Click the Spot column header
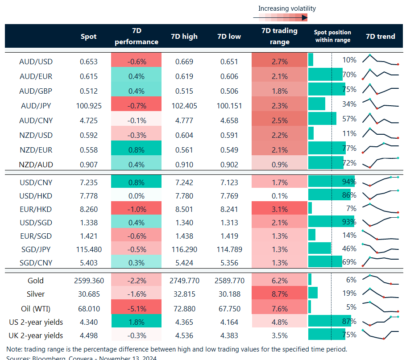[88, 37]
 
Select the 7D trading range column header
[279, 36]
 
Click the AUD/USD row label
[36, 62]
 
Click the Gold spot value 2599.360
[88, 281]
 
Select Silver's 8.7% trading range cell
[279, 294]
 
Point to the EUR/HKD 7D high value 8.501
[184, 208]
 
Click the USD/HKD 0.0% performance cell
[136, 195]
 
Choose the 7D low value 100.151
[229, 106]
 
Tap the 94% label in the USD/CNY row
[349, 182]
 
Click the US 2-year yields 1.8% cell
[136, 322]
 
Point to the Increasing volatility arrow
[280, 18]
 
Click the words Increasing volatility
[287, 8]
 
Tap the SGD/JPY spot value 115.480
[88, 248]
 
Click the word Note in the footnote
[14, 349]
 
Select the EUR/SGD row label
[36, 235]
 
